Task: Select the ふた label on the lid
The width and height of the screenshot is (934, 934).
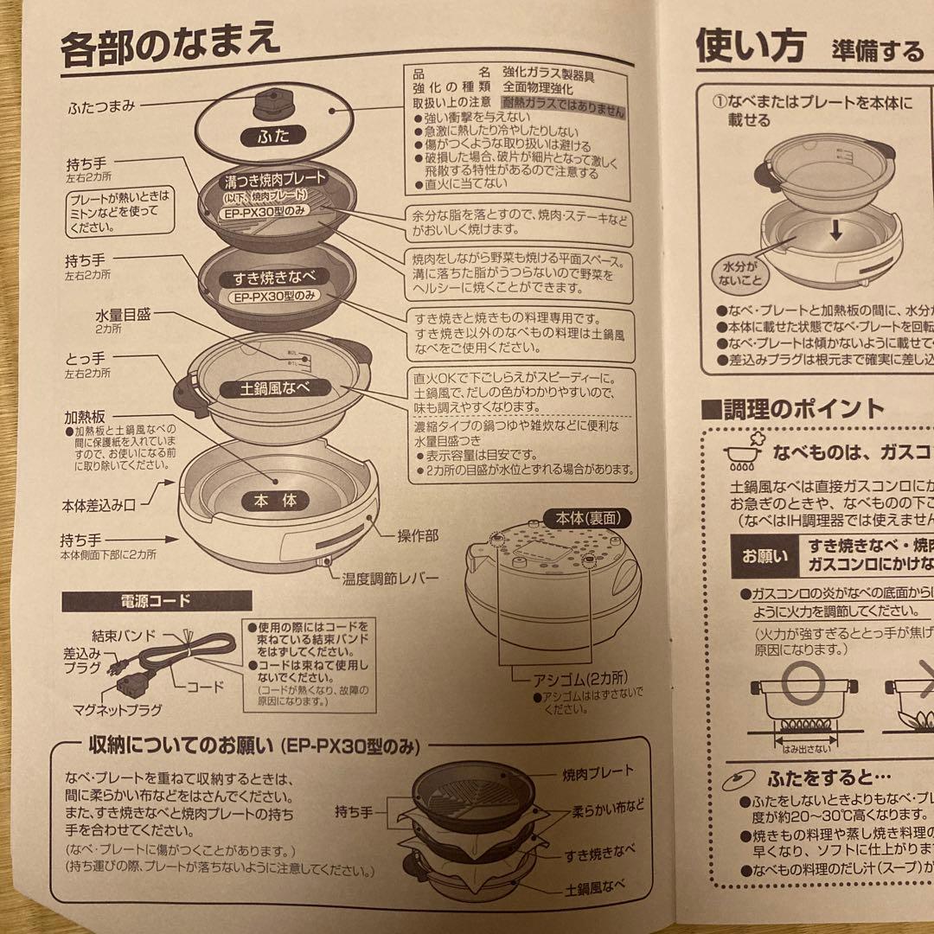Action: [270, 136]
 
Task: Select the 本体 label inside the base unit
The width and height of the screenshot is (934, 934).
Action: [275, 500]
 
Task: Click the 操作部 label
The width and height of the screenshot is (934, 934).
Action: [418, 536]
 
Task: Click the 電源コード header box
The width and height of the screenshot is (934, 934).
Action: [156, 599]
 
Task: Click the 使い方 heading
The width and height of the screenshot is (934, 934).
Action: [750, 45]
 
